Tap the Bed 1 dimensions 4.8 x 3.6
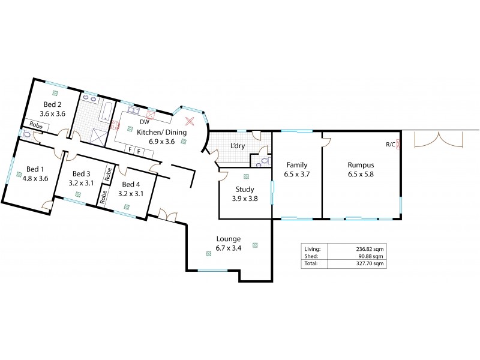[35, 178]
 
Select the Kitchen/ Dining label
[161, 133]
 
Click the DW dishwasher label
[145, 122]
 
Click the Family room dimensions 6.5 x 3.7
[297, 175]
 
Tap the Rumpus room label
[361, 164]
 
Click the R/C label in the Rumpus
[390, 144]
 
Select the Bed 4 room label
[131, 184]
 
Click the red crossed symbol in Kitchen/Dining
[190, 121]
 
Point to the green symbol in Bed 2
[55, 92]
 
